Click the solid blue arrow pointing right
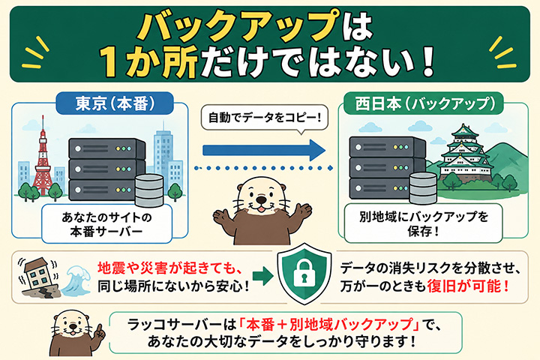click(264, 150)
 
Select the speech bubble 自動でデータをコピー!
click(264, 118)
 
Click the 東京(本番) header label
click(115, 103)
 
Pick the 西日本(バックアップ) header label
click(424, 103)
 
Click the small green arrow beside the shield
click(262, 275)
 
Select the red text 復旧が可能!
click(468, 286)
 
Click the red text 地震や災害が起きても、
click(171, 268)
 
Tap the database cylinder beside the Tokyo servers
click(149, 190)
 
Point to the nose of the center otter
click(262, 199)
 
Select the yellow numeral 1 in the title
click(111, 61)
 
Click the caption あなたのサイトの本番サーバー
click(106, 224)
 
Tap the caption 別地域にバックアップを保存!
click(424, 223)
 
